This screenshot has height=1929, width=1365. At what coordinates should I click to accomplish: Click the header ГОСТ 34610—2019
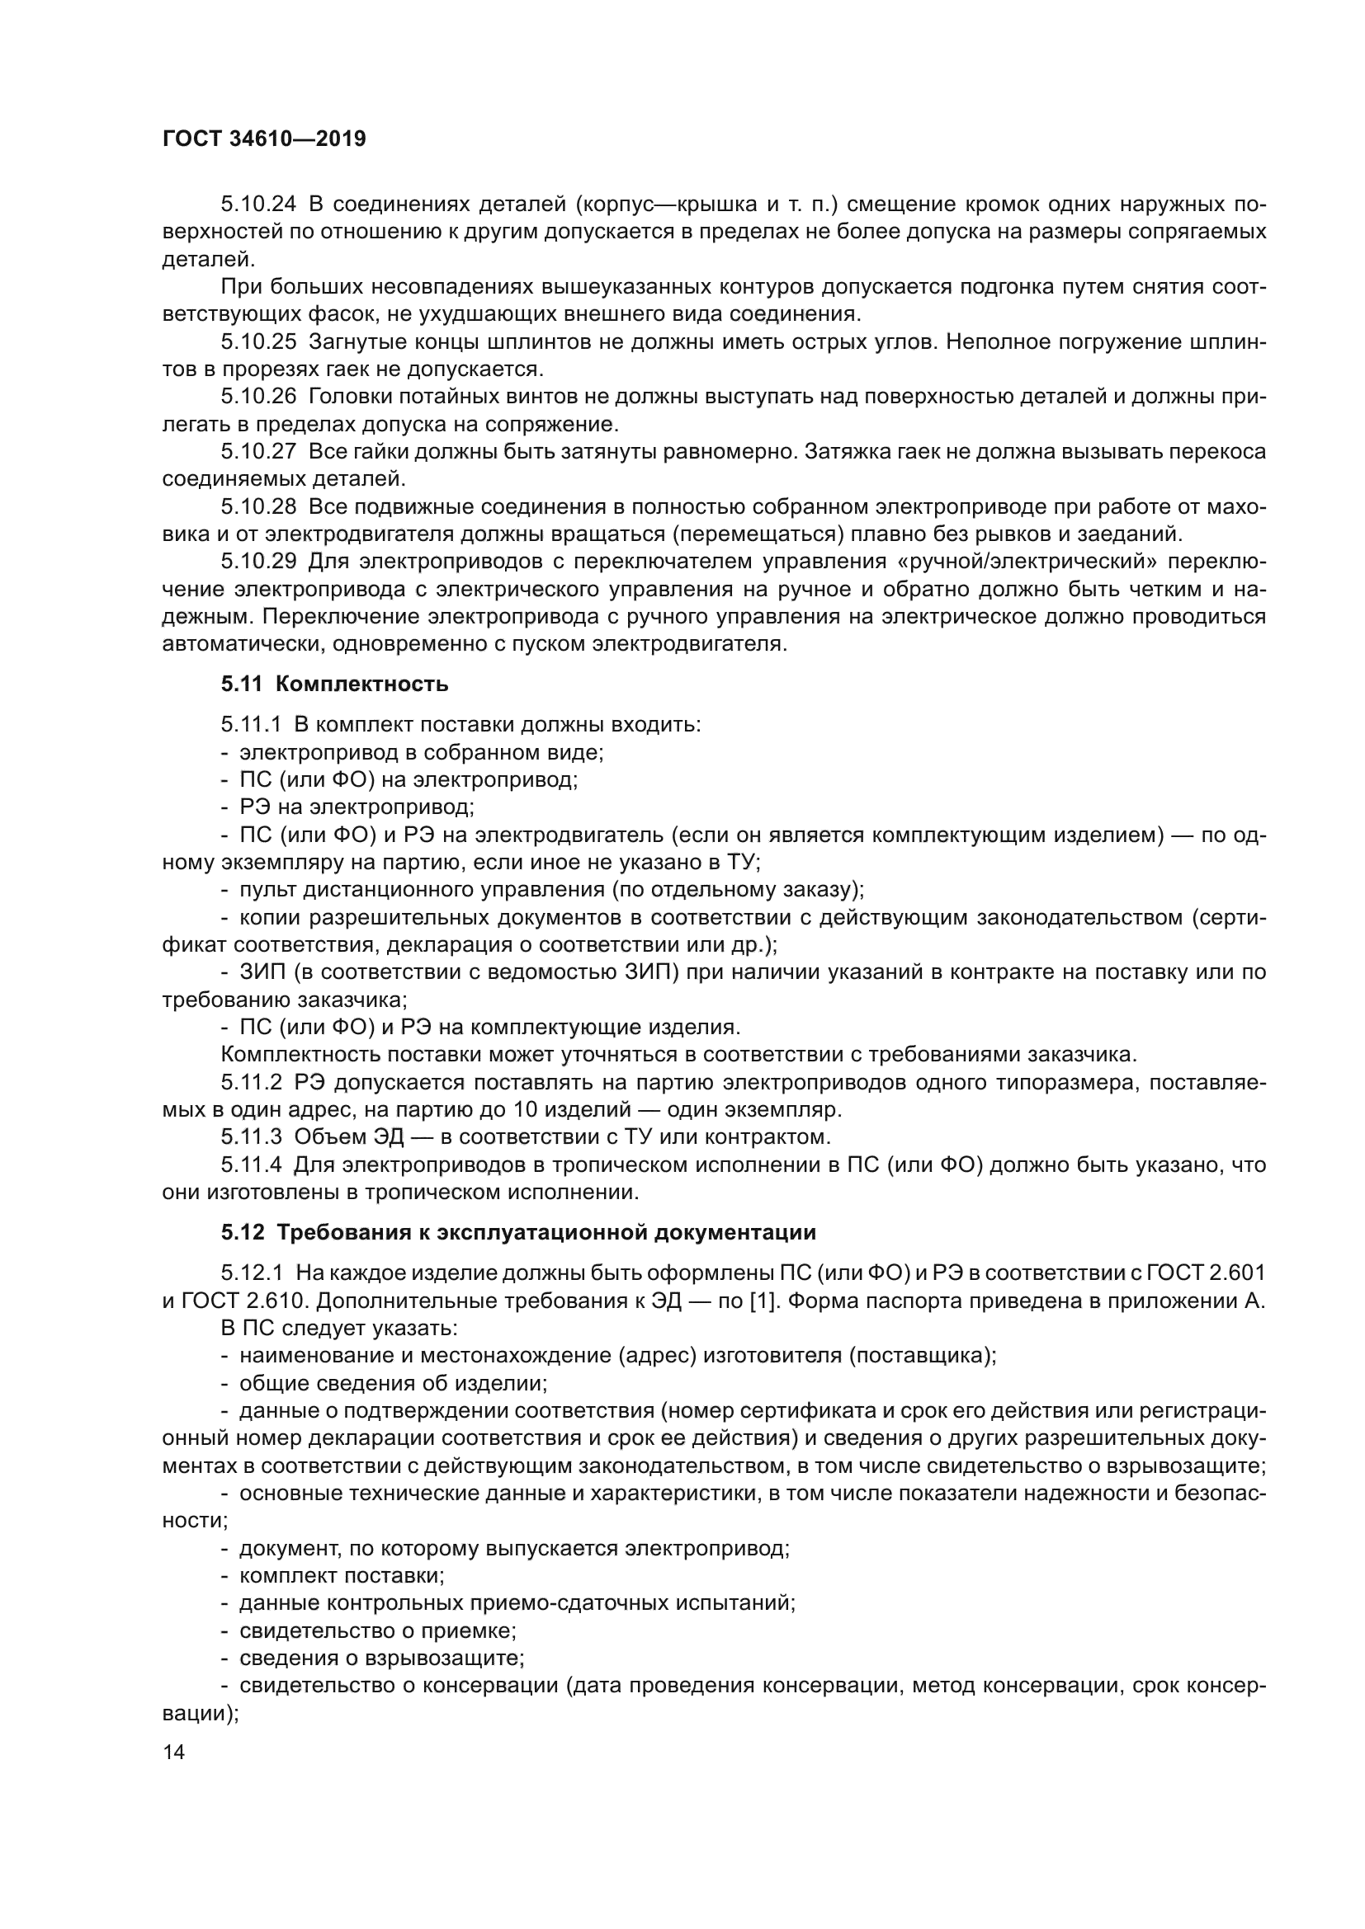coord(264,139)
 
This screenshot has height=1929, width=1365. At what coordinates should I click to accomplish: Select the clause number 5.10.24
coord(259,205)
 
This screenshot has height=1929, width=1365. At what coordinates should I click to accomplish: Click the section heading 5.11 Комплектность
coord(334,684)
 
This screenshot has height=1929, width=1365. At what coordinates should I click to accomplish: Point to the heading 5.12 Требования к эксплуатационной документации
coord(518,1232)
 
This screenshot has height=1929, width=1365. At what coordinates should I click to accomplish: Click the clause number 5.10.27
coord(259,452)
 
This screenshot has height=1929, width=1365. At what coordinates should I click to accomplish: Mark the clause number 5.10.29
coord(259,562)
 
